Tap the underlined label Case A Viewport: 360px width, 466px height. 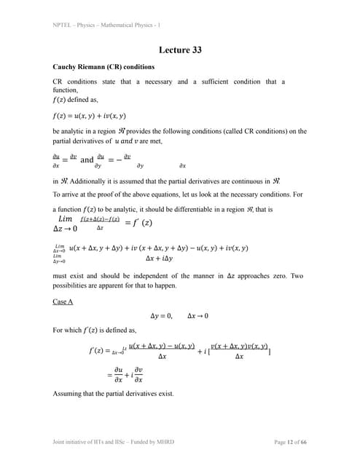click(63, 300)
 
